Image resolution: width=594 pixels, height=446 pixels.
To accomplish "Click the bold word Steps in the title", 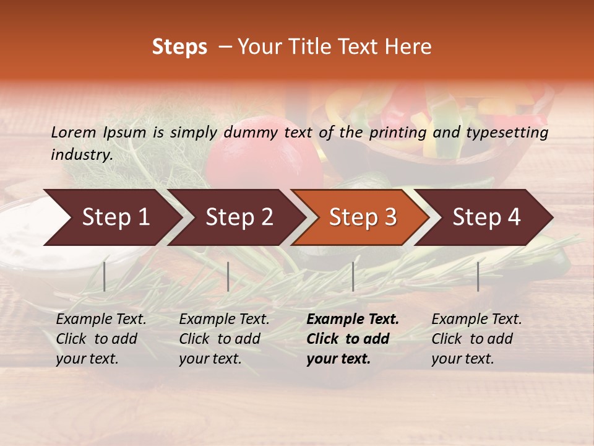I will [x=179, y=47].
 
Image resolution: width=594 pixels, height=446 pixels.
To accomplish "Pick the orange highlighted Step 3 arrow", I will [x=363, y=217].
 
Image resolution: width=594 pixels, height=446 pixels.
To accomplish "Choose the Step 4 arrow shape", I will [x=486, y=217].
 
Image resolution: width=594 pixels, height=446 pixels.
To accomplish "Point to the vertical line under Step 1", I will [x=105, y=276].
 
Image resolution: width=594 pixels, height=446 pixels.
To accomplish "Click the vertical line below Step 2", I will [x=228, y=276].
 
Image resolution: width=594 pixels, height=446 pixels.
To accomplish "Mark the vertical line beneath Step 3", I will [x=353, y=276].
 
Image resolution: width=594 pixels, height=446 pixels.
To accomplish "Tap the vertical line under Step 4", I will [x=478, y=276].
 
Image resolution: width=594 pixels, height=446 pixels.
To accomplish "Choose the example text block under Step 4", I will [x=476, y=339].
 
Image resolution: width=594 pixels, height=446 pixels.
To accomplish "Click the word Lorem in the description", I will [x=73, y=132].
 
